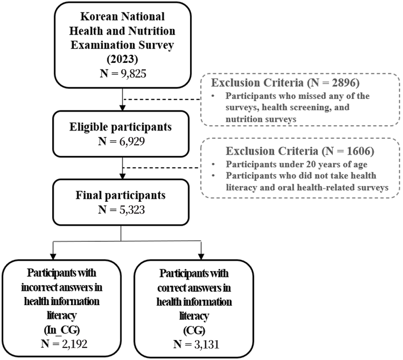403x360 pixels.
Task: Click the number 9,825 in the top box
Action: [x=133, y=74]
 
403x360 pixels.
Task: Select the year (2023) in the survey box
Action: [x=122, y=60]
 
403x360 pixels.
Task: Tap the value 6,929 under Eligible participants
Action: [x=132, y=141]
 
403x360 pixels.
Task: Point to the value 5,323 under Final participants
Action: [x=132, y=210]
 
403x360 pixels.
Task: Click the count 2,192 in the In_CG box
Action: [x=74, y=344]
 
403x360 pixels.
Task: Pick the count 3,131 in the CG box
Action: [x=207, y=344]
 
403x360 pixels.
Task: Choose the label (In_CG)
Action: [x=62, y=330]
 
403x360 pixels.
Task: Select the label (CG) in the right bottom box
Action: [x=194, y=330]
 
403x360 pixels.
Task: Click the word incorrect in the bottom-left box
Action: [x=39, y=287]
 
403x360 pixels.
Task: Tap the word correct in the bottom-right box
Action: [x=173, y=288]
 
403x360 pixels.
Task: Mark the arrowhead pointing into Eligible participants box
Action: [x=123, y=108]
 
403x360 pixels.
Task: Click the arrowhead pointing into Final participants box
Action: [x=123, y=176]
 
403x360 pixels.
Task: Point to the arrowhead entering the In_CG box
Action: [x=53, y=256]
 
